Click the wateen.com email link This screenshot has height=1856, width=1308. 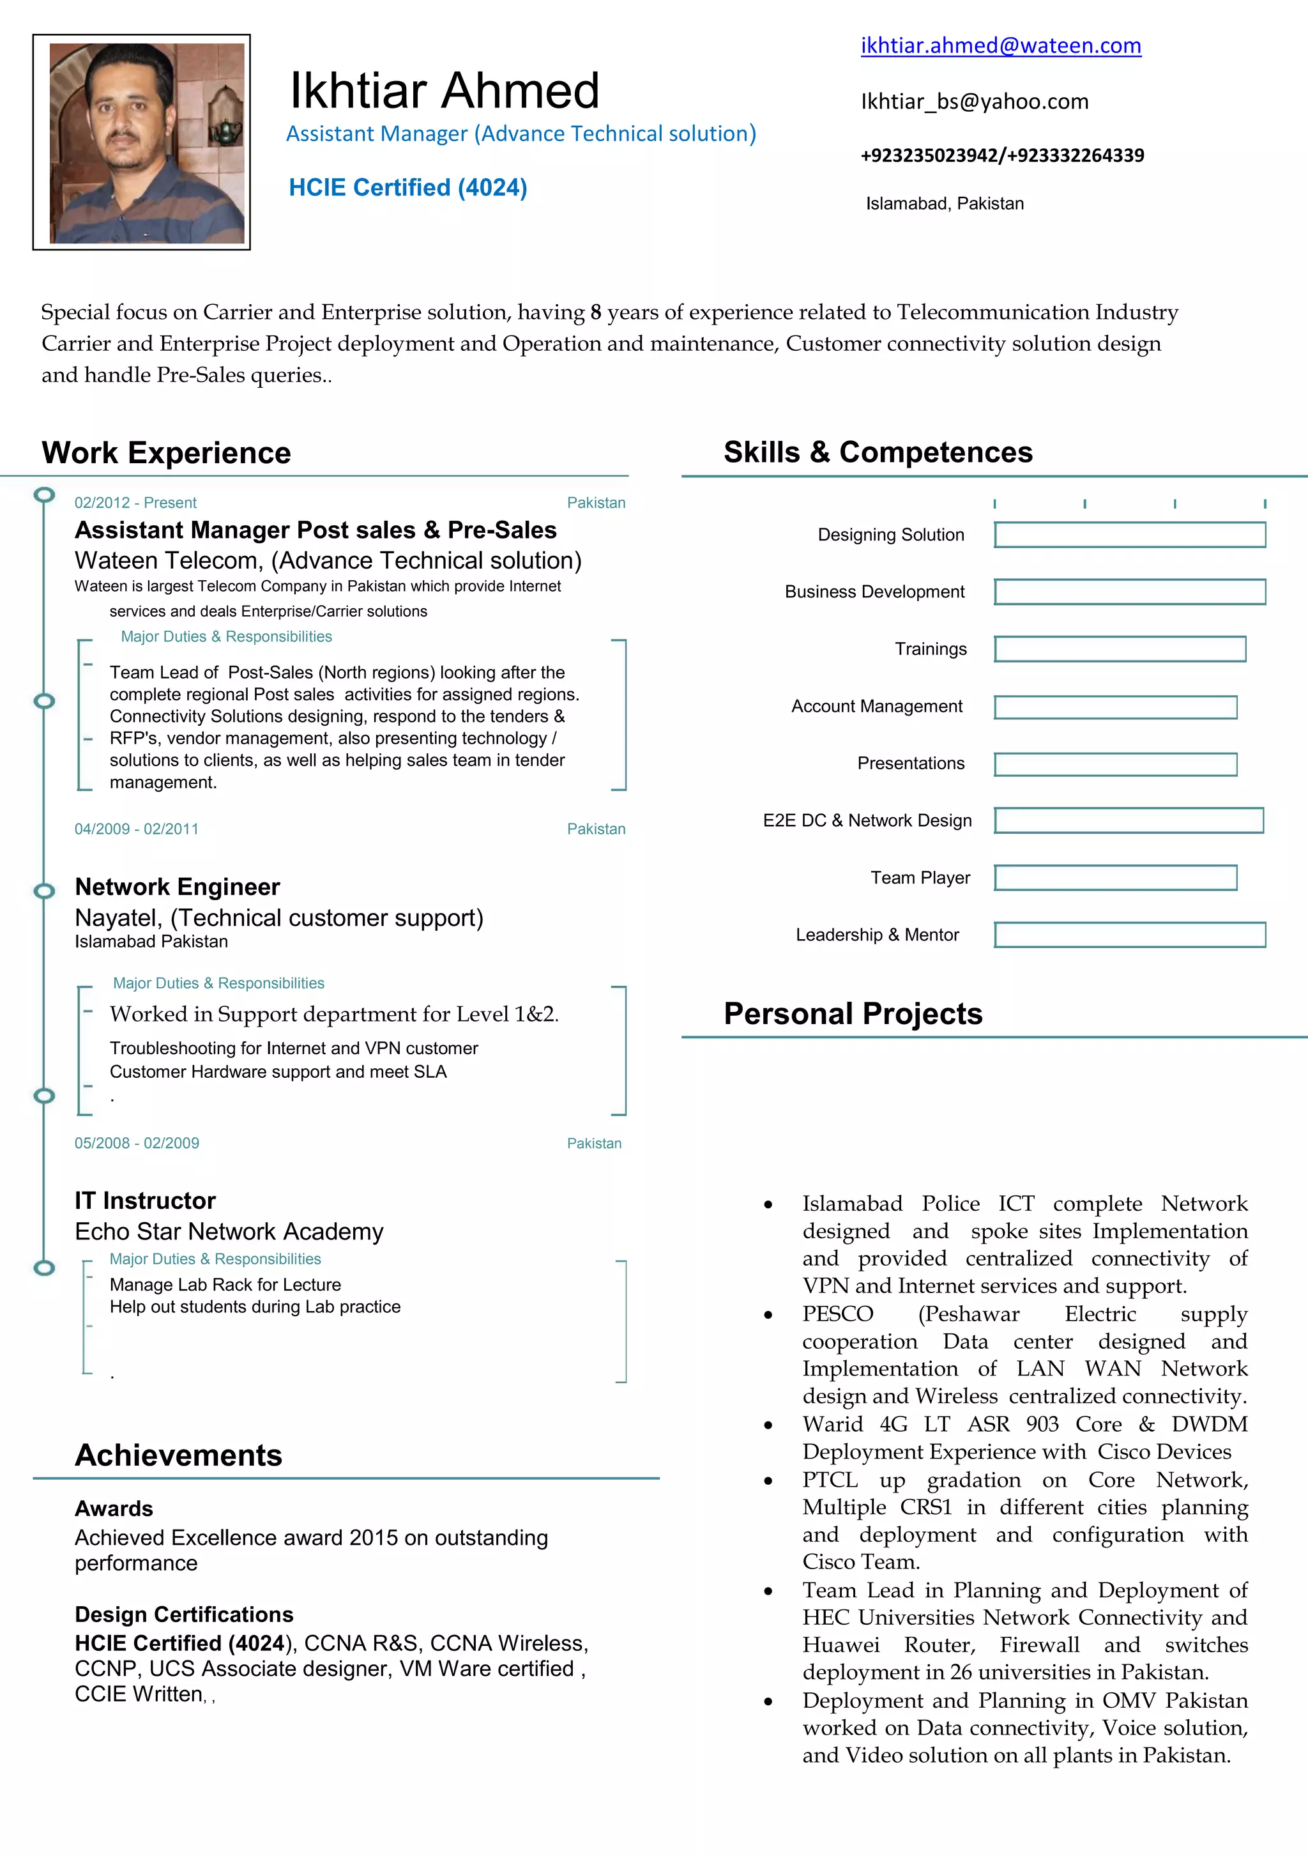pos(1000,46)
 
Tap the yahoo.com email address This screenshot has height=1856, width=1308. pos(975,102)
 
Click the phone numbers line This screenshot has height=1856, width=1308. pos(1002,155)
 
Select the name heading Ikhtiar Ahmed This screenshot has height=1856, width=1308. pos(445,91)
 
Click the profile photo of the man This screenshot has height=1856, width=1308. pos(146,143)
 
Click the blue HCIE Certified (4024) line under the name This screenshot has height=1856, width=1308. pos(408,188)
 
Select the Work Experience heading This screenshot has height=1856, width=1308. pos(167,453)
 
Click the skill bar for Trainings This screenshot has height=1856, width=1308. pos(1120,649)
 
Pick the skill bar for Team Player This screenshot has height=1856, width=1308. pos(1115,878)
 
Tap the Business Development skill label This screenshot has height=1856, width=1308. pos(874,592)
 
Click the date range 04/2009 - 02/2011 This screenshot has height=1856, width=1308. pos(137,829)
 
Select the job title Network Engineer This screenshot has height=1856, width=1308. pos(177,887)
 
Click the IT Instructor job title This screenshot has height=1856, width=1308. pos(146,1201)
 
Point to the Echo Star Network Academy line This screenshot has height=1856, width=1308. pos(229,1232)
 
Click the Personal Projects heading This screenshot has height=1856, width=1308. pos(853,1015)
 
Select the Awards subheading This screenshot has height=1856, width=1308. pos(114,1509)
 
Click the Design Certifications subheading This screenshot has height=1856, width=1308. pos(184,1615)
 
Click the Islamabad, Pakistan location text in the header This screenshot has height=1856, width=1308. pos(945,204)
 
